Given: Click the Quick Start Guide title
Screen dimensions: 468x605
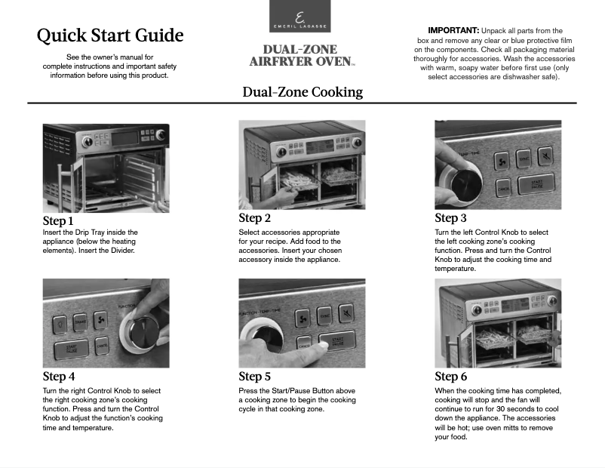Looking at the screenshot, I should click(x=110, y=35).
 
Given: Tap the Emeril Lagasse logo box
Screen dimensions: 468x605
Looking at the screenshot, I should click(x=299, y=17).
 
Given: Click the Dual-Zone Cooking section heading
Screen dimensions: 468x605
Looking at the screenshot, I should click(x=302, y=92).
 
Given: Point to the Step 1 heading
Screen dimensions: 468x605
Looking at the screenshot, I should click(x=58, y=221).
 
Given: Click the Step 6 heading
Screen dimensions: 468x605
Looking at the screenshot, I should click(x=450, y=377).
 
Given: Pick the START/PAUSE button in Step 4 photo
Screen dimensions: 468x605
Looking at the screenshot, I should click(x=70, y=349).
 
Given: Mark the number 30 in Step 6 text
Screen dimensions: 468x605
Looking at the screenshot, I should click(x=488, y=408).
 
